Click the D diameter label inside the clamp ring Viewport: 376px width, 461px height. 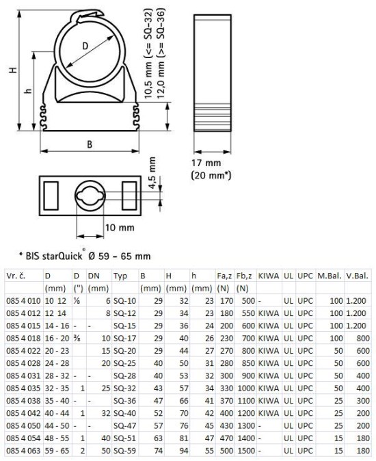(x=85, y=46)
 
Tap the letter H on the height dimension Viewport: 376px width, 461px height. (x=12, y=70)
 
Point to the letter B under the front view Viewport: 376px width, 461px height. (x=90, y=144)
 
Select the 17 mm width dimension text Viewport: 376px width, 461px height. (x=206, y=163)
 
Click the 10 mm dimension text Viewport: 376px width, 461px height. (x=120, y=227)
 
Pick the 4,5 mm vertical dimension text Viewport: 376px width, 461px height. (x=152, y=173)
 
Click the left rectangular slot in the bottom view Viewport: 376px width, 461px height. (x=51, y=196)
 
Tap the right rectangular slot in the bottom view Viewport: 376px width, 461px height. (x=129, y=196)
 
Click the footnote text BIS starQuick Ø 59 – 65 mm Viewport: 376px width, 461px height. (x=85, y=256)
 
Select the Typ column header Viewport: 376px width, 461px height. (x=120, y=276)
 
